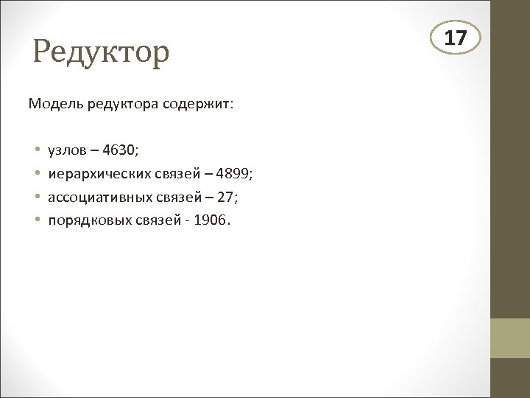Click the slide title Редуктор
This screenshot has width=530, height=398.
coord(102,52)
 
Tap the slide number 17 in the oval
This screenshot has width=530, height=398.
coord(456,38)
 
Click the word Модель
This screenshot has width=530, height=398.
coord(56,104)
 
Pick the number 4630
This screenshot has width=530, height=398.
coord(119,150)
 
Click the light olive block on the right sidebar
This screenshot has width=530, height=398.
coord(510,338)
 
